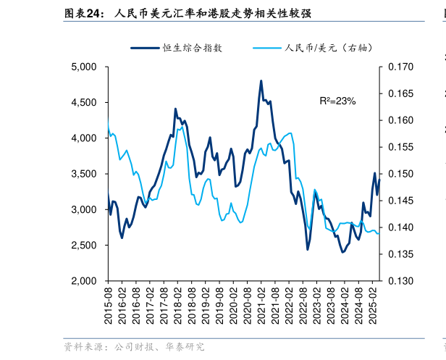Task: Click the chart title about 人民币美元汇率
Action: point(214,13)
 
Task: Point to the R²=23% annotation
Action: point(337,101)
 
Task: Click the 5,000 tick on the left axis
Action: point(85,67)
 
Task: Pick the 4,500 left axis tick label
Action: point(85,103)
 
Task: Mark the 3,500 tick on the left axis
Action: point(85,174)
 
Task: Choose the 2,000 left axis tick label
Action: point(85,281)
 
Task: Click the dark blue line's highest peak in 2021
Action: point(261,81)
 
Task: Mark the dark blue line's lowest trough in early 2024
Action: point(342,252)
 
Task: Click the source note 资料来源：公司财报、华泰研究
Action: point(134,348)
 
